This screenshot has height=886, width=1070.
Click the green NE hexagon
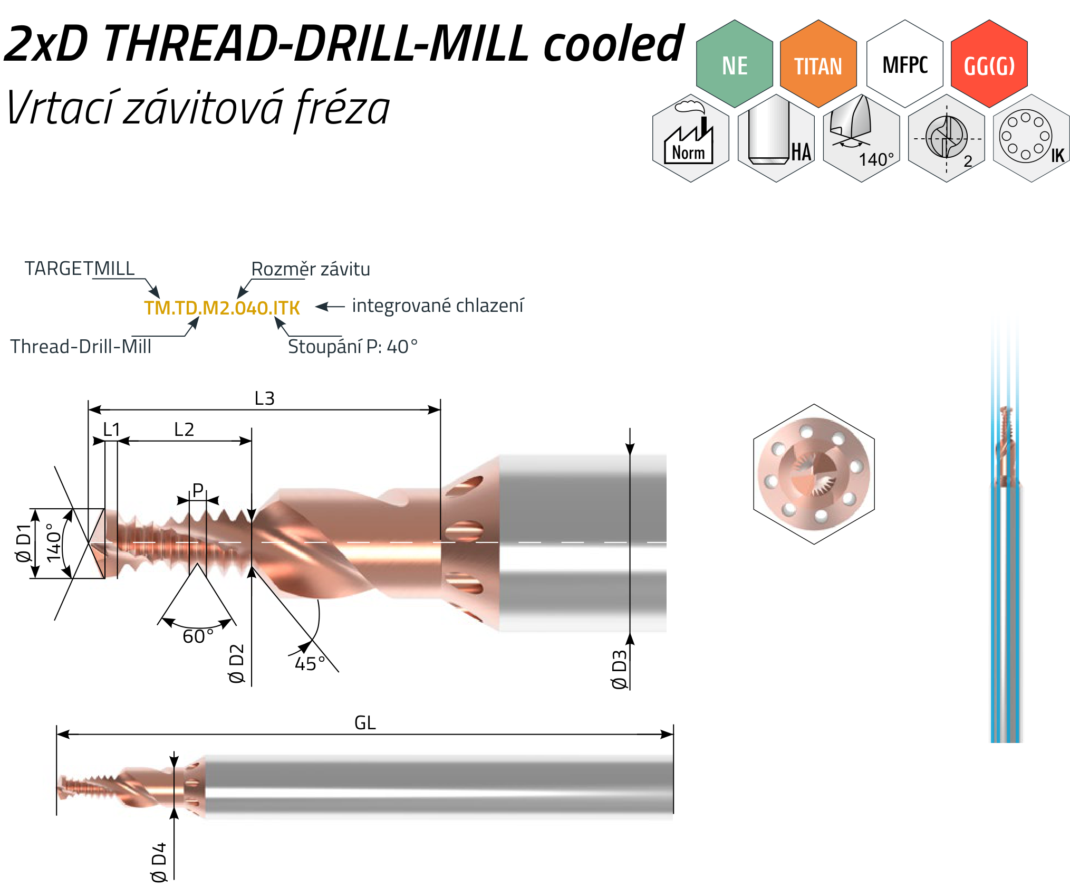734,64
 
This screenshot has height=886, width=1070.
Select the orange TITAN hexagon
818,64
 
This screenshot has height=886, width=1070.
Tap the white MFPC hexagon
905,64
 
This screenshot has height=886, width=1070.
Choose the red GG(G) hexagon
989,64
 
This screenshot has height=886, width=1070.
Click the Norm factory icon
691,138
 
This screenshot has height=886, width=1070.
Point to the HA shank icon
776,138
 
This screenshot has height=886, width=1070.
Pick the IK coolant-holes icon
1032,138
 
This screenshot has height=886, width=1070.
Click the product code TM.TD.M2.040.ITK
222,308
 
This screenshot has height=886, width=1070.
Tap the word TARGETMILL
80,269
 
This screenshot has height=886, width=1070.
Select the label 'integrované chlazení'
438,306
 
